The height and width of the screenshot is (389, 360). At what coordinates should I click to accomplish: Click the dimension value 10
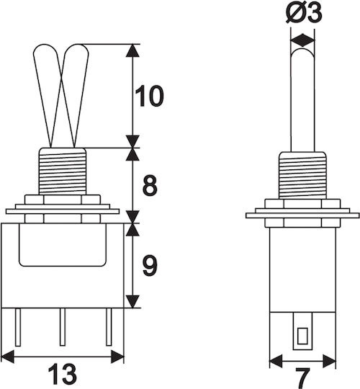coord(149,96)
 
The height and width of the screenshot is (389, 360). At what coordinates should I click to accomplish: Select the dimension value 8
coord(150,185)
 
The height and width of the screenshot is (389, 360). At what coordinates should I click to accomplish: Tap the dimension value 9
coord(150,265)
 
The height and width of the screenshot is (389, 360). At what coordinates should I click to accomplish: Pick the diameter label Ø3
coord(304,12)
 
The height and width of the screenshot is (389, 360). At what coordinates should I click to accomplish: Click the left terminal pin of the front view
coord(18,327)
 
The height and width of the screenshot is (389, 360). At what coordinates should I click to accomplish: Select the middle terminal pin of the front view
coord(63,327)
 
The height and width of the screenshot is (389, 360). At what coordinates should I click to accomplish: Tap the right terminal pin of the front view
coord(109,327)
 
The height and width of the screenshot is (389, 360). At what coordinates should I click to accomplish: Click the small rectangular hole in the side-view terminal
coord(302,336)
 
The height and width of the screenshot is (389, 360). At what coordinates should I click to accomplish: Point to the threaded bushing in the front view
coord(63,171)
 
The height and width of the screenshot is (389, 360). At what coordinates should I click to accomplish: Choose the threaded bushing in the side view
coord(302,175)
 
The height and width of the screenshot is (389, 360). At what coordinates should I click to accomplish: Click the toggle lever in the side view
coord(302,99)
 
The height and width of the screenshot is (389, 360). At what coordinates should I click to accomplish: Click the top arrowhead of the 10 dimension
coord(132,50)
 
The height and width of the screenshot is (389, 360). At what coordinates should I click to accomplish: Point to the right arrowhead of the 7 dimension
coord(330,361)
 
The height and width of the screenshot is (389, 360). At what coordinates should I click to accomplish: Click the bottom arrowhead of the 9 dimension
coord(132,302)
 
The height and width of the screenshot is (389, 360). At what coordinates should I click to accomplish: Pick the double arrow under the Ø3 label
coord(302,40)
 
